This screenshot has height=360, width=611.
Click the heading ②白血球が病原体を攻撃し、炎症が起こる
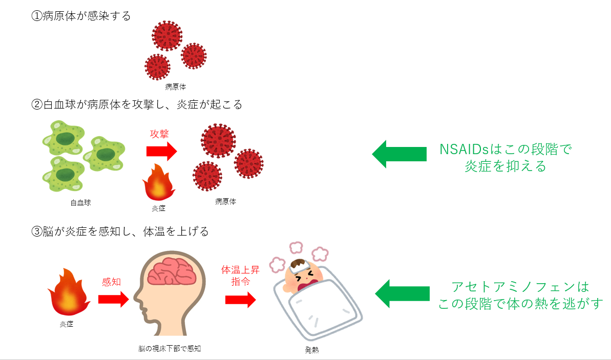[x=136, y=105]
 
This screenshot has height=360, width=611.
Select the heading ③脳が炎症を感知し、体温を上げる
[x=120, y=231]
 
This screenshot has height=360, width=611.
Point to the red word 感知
[x=112, y=282]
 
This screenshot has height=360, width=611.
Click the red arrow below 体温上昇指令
[x=240, y=300]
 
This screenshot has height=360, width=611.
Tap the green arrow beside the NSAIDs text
[x=399, y=154]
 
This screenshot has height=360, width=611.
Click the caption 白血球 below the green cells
[x=80, y=203]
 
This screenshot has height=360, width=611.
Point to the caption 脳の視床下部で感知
[x=170, y=348]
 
